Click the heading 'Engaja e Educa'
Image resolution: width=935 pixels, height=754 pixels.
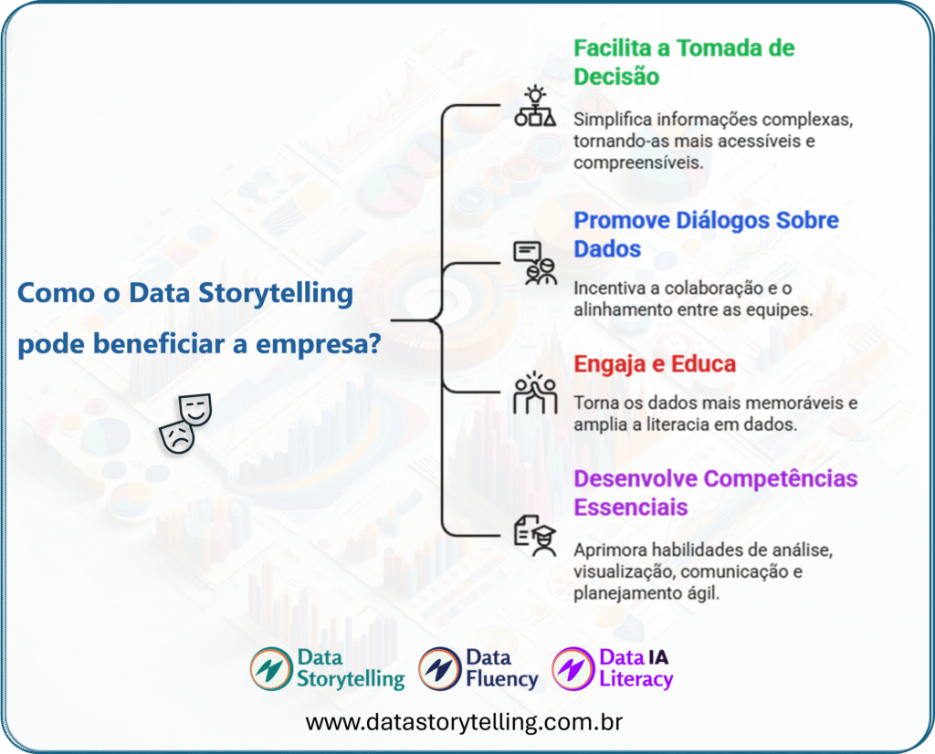655,364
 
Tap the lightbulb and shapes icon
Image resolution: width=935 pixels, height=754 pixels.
534,107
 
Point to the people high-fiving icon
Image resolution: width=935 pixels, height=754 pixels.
534,393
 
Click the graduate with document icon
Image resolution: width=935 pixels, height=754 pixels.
534,535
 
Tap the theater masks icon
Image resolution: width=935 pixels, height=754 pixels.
185,422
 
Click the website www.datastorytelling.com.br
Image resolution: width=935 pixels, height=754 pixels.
465,723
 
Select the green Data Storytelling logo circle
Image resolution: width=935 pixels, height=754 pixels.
271,669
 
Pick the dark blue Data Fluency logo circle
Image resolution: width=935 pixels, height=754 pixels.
440,669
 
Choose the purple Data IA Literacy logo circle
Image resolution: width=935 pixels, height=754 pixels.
573,669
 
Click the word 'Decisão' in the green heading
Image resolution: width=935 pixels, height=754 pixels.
616,76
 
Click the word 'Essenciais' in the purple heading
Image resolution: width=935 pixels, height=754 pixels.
631,507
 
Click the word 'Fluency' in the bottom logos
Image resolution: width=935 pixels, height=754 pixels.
501,679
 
